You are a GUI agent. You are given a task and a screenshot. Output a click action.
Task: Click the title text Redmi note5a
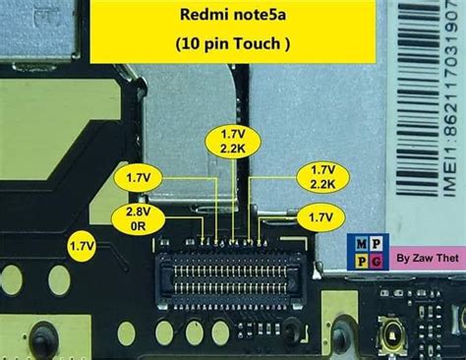233,17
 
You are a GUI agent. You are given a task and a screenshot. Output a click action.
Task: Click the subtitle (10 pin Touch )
233,43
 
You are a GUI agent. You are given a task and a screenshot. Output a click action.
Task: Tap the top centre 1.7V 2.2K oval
232,140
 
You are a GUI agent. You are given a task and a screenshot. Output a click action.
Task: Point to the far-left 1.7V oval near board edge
82,243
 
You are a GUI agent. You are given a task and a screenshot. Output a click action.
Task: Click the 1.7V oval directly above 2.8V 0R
139,178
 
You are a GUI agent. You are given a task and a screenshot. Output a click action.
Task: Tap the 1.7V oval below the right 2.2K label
320,216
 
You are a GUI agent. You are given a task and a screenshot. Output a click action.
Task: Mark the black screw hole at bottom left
41,342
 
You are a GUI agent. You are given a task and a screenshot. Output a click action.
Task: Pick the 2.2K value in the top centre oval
232,148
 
